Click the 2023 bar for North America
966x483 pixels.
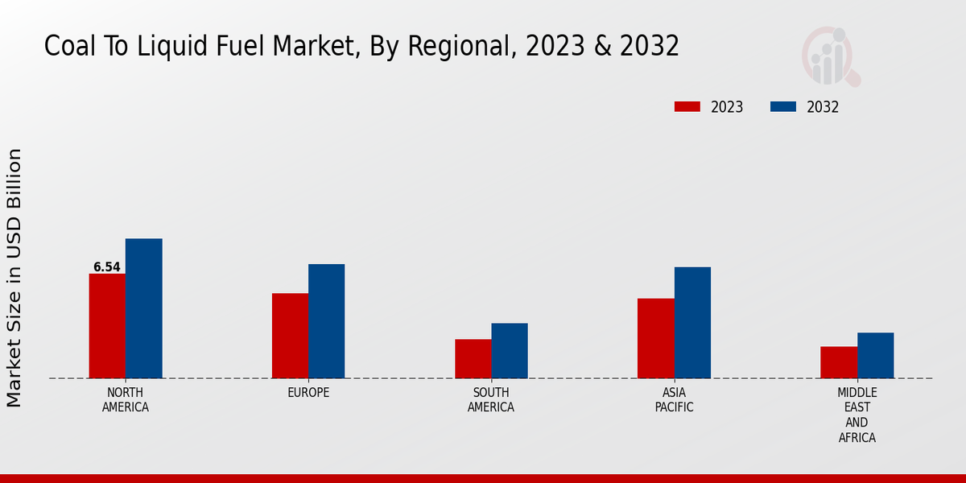(107, 326)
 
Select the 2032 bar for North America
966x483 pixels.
(143, 308)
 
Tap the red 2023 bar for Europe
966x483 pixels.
(290, 336)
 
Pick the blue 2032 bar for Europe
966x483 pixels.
(326, 321)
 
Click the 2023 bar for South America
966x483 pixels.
(473, 359)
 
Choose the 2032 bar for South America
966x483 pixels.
(510, 351)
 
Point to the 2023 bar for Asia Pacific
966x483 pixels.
(655, 338)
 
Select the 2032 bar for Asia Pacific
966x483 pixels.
(692, 323)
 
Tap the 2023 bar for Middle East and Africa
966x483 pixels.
(839, 362)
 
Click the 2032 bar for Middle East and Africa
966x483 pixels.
(875, 355)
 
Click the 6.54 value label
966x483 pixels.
(107, 266)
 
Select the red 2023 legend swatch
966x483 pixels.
(687, 107)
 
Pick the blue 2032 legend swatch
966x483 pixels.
(783, 107)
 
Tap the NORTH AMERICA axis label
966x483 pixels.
(126, 400)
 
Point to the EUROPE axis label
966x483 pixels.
(308, 393)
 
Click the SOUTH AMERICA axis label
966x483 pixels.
(491, 400)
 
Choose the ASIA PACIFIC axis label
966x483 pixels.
(674, 400)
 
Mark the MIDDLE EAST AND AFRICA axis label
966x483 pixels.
(857, 415)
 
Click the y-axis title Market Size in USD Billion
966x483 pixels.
(14, 278)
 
